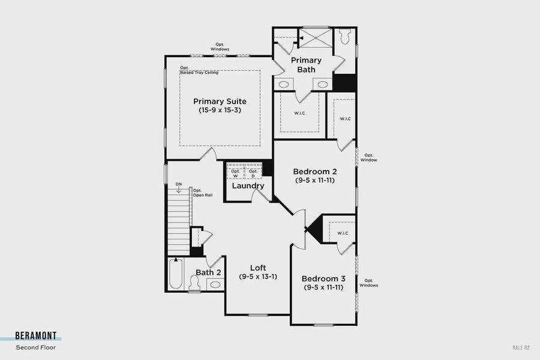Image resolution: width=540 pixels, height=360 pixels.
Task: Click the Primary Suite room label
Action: pos(220,101)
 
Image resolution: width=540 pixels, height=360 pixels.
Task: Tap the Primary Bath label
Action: pos(306,65)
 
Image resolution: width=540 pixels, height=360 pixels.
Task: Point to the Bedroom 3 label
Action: pos(323,278)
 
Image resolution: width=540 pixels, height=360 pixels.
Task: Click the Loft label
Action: pos(258,268)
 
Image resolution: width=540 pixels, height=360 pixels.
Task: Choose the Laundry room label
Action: pos(248,186)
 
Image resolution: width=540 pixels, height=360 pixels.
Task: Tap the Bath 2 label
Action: pos(209,272)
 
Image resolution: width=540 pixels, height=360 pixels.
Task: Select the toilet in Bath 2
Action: pos(194,286)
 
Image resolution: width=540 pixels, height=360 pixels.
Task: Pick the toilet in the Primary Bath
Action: pos(345,37)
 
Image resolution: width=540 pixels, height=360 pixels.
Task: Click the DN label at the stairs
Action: pos(178,184)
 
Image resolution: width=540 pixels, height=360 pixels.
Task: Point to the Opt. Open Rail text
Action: pos(202,193)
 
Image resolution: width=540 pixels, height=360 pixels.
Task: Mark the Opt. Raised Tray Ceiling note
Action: pos(199,70)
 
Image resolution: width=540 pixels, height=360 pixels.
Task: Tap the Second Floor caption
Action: pos(36,347)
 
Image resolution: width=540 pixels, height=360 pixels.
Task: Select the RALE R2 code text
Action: pos(521,347)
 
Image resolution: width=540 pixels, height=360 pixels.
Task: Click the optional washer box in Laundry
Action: pos(235,173)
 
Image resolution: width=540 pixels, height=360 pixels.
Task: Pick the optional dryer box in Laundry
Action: pos(253,173)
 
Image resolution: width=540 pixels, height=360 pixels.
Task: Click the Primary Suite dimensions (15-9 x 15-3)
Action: pos(220,110)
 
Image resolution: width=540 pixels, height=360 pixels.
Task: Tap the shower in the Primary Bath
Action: pos(314,38)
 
